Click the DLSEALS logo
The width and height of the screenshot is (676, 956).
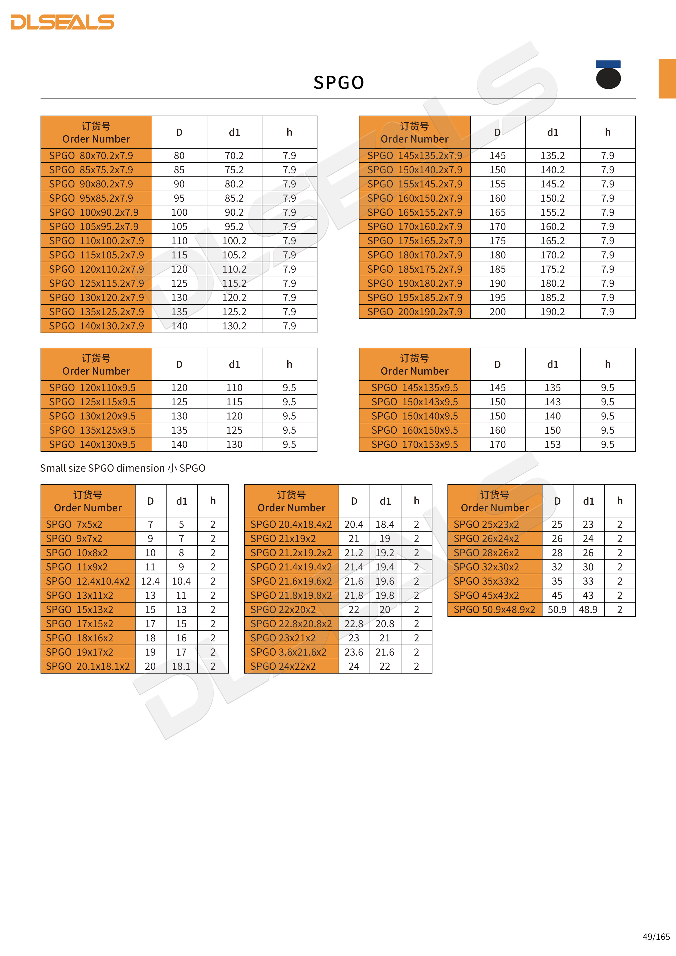[62, 22]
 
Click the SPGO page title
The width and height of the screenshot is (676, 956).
[338, 83]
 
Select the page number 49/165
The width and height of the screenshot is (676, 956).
[656, 936]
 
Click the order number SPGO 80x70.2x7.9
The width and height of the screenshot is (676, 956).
[91, 156]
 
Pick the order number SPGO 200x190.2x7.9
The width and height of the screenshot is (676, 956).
[414, 312]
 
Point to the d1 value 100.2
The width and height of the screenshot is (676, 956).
[234, 241]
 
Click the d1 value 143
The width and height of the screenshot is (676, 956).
[552, 402]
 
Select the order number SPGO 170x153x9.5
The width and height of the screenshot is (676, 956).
[414, 445]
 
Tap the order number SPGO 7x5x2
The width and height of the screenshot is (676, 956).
[74, 525]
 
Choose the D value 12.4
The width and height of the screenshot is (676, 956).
[150, 581]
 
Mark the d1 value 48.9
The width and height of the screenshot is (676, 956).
[588, 610]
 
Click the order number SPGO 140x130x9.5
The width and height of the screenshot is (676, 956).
[92, 445]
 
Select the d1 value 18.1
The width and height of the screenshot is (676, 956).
[181, 667]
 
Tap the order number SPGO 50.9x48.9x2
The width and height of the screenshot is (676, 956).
[494, 610]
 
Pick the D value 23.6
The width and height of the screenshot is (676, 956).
[353, 652]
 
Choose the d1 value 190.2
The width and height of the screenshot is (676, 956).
[552, 312]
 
